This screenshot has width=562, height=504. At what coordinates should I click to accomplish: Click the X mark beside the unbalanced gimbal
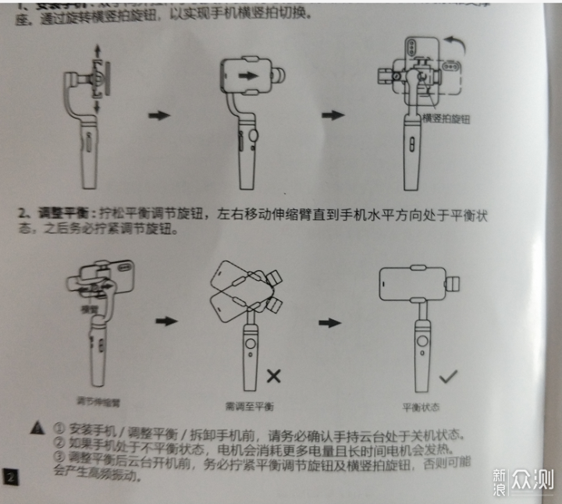point(273,376)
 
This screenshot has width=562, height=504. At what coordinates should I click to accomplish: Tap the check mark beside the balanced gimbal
point(448,377)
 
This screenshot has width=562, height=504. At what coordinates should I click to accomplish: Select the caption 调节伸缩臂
point(99,401)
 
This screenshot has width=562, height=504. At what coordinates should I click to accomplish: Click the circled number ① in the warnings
point(59,428)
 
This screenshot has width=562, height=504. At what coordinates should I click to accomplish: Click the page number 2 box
point(9,476)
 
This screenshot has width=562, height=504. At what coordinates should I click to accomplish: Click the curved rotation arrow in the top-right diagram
point(456,41)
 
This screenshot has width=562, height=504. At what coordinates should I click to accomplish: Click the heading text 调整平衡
point(56,213)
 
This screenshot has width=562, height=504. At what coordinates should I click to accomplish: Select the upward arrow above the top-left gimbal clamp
point(97,51)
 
